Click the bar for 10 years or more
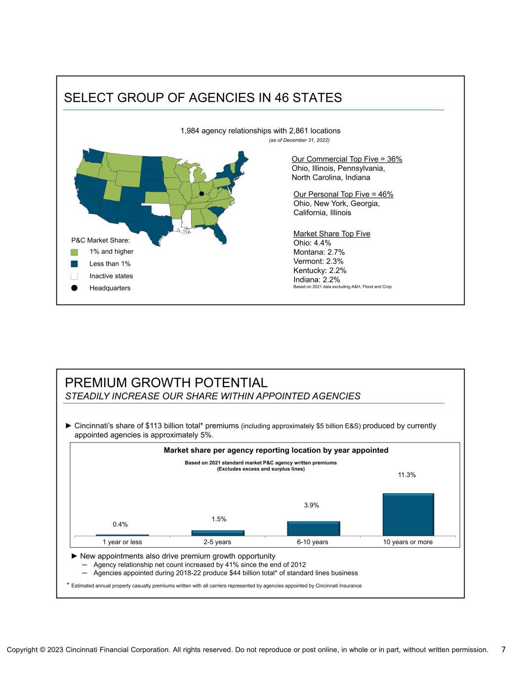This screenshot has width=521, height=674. (408, 514)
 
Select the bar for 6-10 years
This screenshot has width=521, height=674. (313, 528)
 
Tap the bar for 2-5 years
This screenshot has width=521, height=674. (218, 533)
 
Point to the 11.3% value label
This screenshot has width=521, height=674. (407, 475)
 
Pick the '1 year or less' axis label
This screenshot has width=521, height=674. (122, 542)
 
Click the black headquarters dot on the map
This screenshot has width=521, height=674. (201, 194)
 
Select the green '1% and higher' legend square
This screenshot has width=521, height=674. (75, 252)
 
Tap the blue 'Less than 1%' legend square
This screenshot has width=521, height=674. (75, 264)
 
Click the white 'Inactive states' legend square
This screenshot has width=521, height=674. (75, 276)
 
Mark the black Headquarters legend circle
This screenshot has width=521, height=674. (75, 288)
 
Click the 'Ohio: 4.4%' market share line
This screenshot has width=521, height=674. (312, 243)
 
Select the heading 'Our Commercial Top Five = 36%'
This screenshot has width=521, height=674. (347, 159)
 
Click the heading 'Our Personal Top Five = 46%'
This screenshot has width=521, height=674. (343, 195)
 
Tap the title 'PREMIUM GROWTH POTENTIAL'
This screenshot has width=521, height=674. (166, 383)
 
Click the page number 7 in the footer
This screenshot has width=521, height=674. (503, 649)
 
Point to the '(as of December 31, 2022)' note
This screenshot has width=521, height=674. (299, 140)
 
